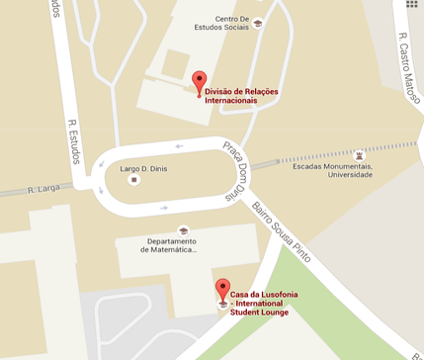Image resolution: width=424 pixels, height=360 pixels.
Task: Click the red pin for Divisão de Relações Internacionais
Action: (198, 82)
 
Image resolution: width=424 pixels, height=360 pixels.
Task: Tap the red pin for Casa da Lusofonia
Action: (222, 290)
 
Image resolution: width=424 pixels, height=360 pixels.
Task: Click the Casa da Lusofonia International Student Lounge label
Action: (263, 303)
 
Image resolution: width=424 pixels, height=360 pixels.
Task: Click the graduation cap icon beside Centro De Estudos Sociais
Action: (258, 23)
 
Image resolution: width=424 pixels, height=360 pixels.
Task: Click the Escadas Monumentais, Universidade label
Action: (332, 170)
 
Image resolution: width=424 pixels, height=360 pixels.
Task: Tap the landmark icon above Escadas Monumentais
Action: (358, 155)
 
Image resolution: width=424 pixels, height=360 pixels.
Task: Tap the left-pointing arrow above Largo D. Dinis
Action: (180, 146)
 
